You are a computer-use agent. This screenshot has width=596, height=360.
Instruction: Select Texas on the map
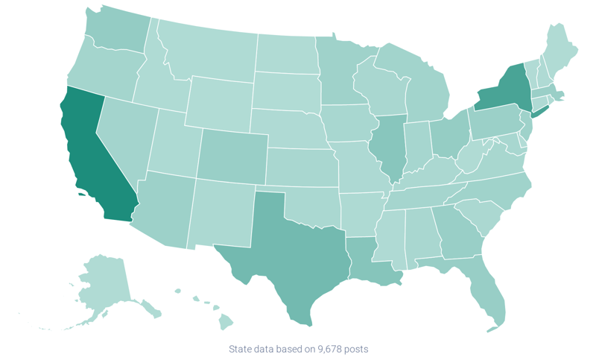tap(287, 246)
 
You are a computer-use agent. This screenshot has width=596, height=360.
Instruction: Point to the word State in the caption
tap(240, 349)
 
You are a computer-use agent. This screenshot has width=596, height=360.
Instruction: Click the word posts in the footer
tap(357, 349)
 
